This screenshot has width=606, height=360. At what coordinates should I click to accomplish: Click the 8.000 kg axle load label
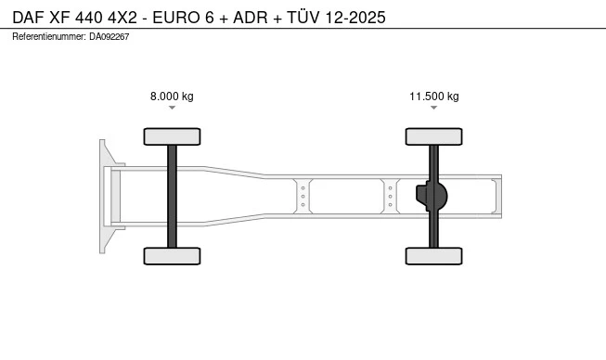tap(172, 96)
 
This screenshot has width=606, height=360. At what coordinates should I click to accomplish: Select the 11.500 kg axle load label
tap(434, 96)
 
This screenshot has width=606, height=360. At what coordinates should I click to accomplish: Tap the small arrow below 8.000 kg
tap(172, 108)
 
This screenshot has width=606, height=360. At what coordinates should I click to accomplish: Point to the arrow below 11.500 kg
tap(434, 108)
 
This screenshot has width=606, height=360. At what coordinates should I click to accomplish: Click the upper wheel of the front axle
tap(172, 136)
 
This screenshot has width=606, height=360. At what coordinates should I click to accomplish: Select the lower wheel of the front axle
tap(172, 256)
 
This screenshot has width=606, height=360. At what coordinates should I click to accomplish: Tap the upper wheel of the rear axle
tap(434, 136)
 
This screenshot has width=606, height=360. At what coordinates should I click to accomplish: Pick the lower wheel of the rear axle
tap(434, 256)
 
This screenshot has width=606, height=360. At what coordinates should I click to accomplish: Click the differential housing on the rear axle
tap(432, 196)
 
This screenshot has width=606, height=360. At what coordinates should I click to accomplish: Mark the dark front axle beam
tap(172, 196)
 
